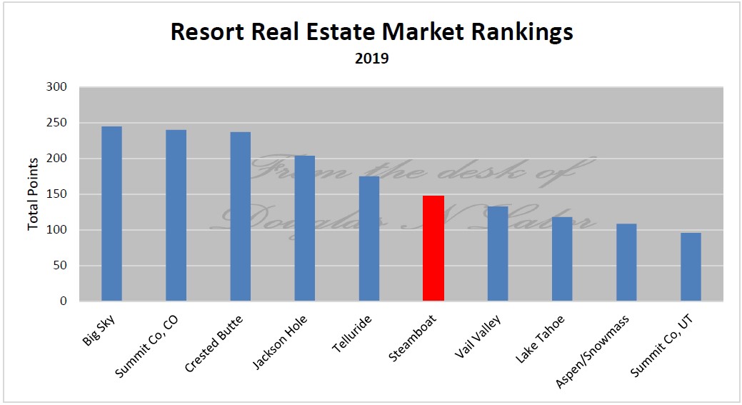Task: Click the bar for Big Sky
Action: coord(111,214)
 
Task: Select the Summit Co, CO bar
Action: coord(176,215)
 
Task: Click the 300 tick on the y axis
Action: coord(57,87)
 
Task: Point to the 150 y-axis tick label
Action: coord(57,194)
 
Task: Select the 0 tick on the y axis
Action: coord(64,301)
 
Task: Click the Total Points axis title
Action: coord(33,194)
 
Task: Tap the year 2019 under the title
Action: coord(371,59)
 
